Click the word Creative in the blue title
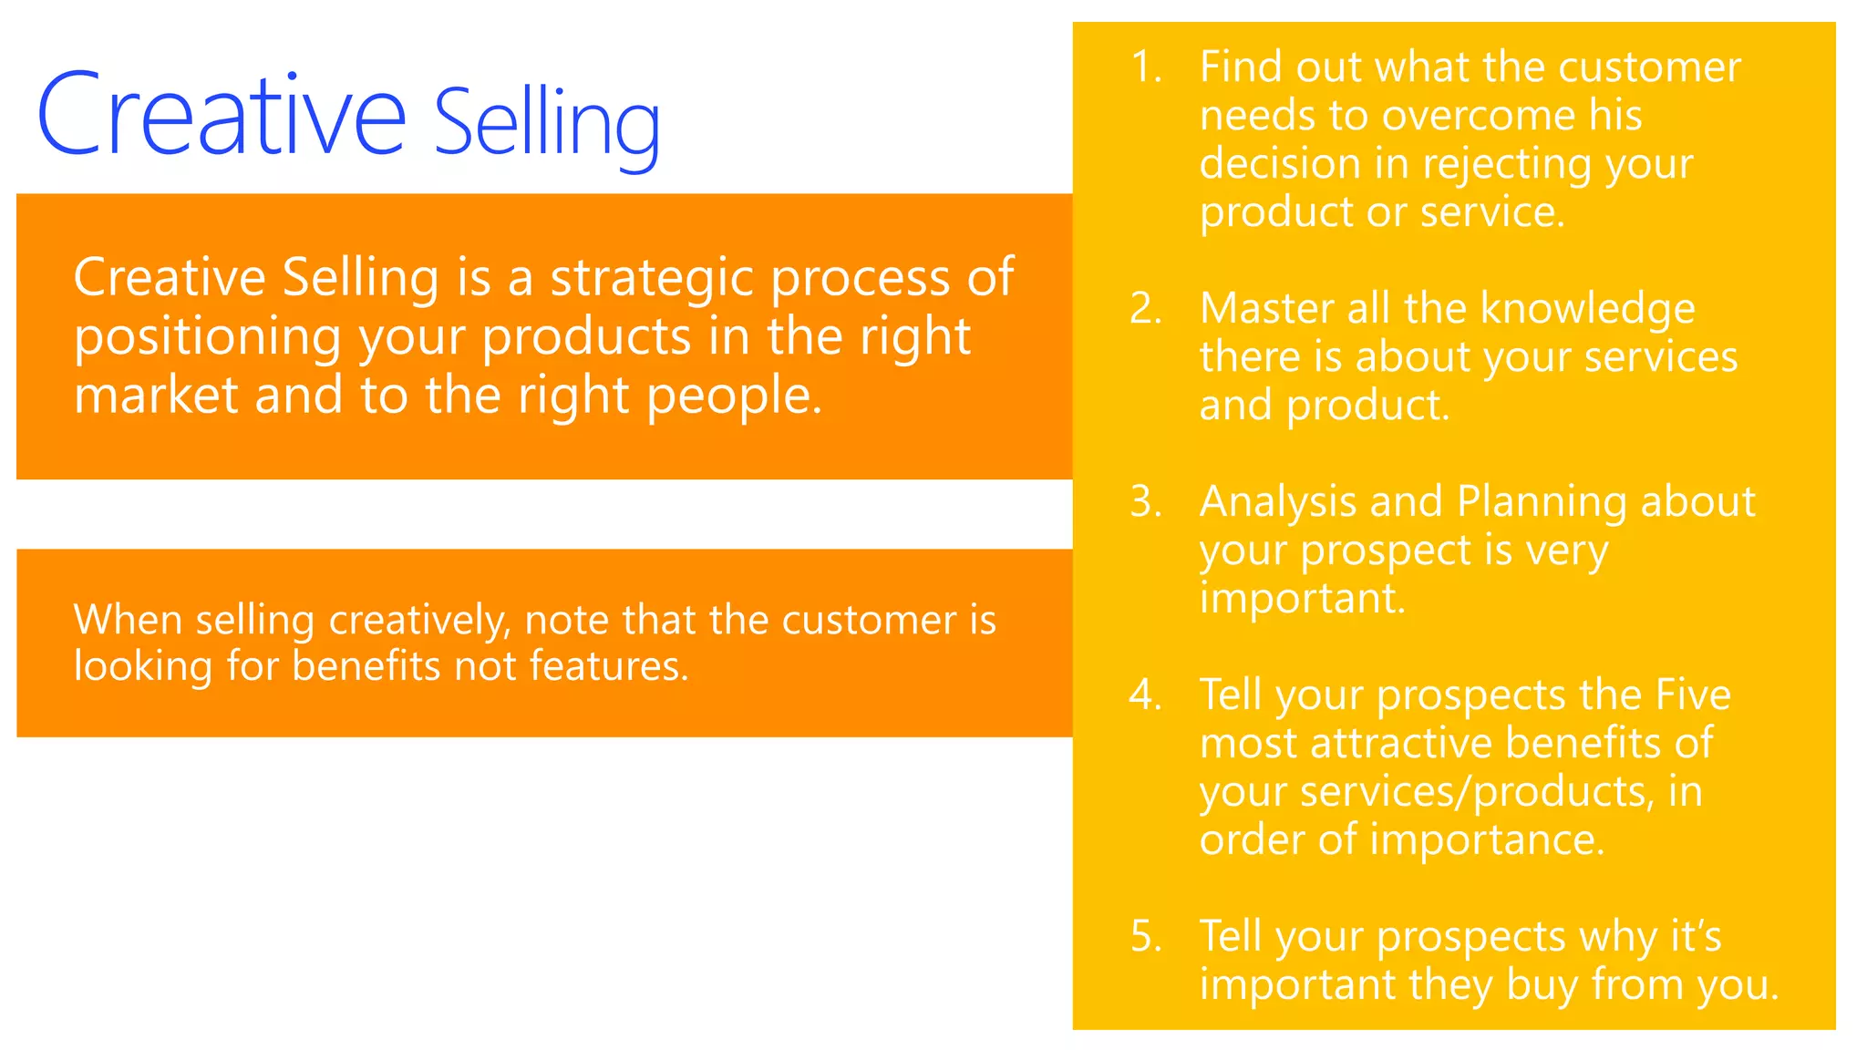coord(222,116)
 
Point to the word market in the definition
coord(155,396)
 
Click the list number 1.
coord(1146,67)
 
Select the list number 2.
coord(1146,309)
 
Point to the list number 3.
coord(1146,502)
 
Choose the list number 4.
coord(1146,695)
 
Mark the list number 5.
coord(1146,937)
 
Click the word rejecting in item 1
coord(1506,165)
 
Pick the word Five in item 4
coord(1693,695)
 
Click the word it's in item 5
coord(1695,936)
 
